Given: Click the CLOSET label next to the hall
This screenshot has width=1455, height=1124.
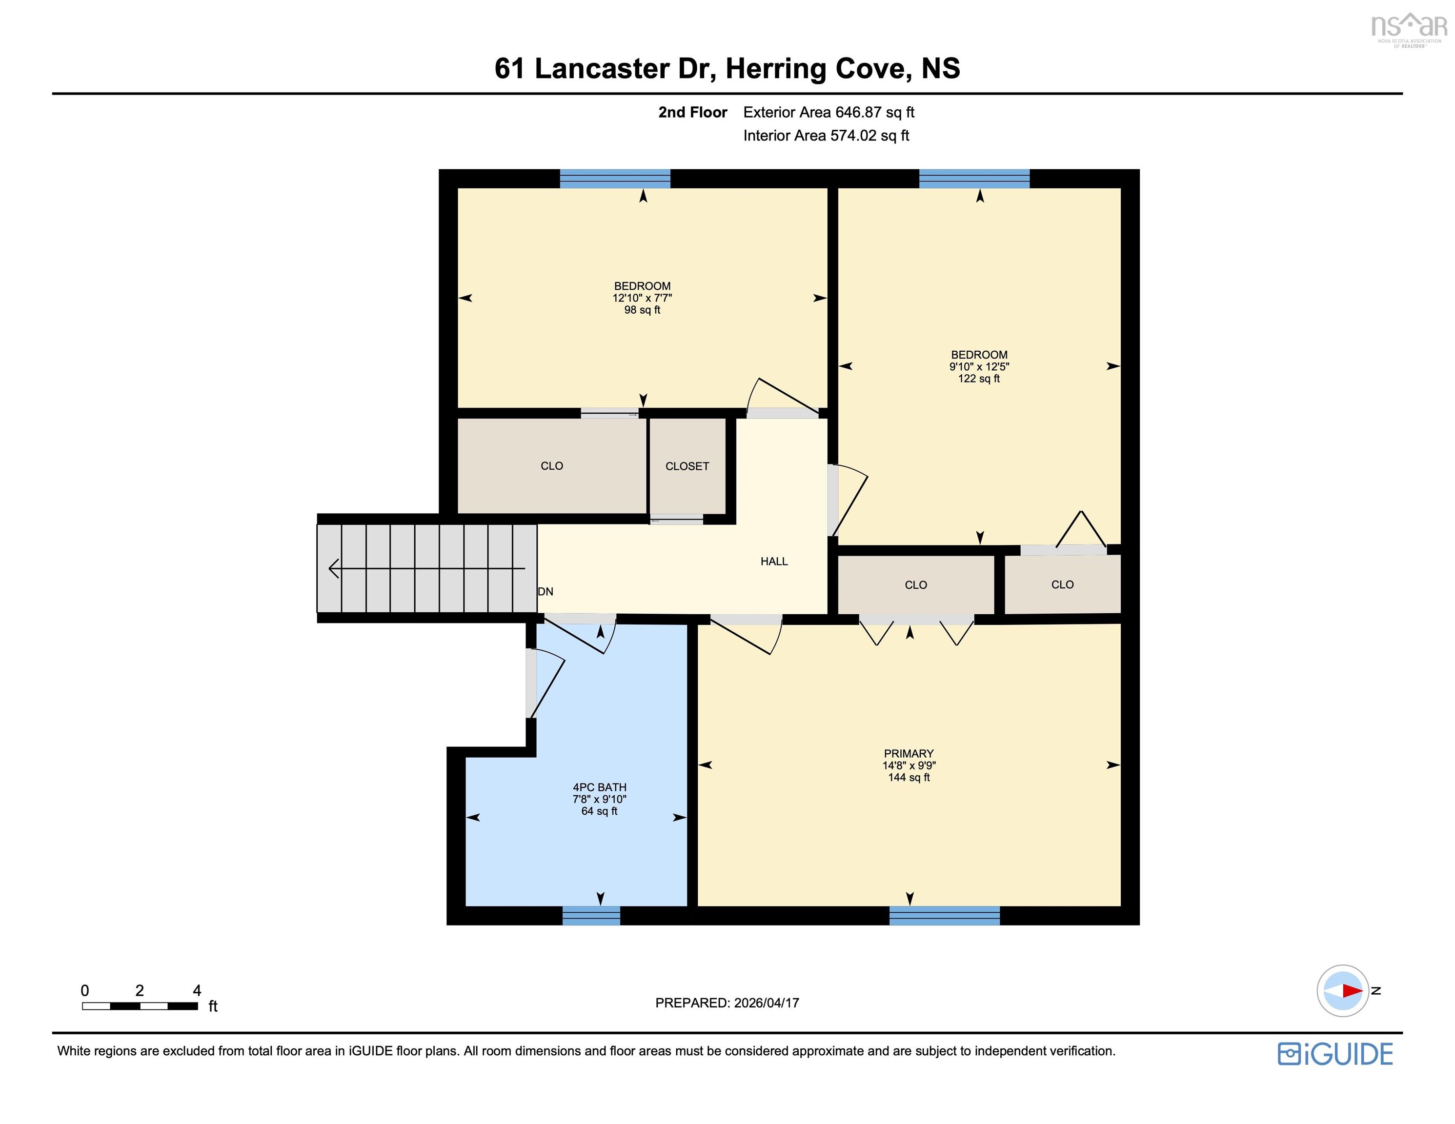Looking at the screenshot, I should coord(687,466).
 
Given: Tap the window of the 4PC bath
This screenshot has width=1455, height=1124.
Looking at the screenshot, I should coord(591,916).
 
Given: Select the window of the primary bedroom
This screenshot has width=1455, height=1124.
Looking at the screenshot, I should coord(944,916).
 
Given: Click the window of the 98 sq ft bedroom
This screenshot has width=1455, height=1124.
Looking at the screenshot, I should coord(614,179).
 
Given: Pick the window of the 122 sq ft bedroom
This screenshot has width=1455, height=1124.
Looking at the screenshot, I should coord(974,179).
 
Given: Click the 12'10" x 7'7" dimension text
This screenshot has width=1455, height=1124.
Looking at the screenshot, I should coord(642,298).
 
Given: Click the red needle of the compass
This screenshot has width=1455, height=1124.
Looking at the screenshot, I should coord(1352,991).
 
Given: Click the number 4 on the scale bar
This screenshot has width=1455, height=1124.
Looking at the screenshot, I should coord(197,990).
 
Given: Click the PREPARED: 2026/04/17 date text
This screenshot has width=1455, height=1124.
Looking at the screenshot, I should coord(727,1003).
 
